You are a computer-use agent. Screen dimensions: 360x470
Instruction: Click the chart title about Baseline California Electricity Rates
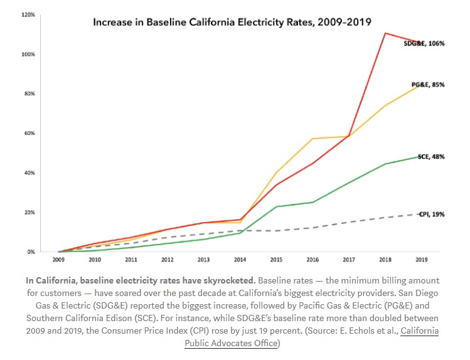click(x=232, y=22)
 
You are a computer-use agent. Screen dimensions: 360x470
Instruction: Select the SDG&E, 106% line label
click(x=424, y=43)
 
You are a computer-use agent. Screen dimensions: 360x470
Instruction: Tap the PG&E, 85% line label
click(x=428, y=84)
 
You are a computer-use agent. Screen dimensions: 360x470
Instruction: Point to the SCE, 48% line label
click(x=431, y=157)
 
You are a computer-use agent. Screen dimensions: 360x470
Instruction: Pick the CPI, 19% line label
click(x=432, y=214)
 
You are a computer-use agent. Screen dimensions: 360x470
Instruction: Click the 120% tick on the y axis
click(x=28, y=14)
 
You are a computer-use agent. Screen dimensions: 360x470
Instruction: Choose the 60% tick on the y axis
click(x=29, y=133)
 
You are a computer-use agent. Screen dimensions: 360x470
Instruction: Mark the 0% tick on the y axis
click(x=30, y=251)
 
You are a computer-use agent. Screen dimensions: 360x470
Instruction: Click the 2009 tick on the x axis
click(x=58, y=258)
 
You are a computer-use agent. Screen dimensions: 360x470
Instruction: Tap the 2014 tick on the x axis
click(x=240, y=258)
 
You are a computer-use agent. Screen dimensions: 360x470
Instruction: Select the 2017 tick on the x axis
click(x=349, y=258)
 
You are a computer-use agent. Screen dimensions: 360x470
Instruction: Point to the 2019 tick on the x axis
click(x=421, y=258)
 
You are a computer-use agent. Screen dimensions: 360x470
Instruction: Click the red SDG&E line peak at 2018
click(x=385, y=33)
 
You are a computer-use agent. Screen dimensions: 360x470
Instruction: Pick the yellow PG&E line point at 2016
click(x=312, y=139)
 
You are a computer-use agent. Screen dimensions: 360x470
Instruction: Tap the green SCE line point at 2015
click(x=276, y=206)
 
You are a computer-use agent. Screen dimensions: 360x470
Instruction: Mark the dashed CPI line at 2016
click(x=312, y=228)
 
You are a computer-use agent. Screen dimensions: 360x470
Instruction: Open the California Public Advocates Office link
click(x=312, y=337)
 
